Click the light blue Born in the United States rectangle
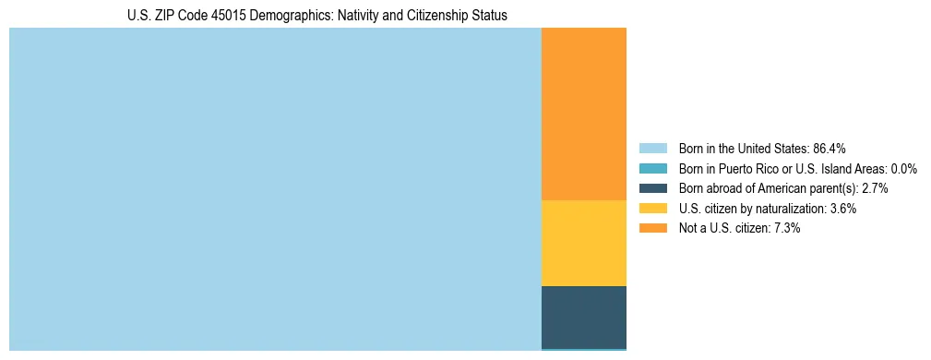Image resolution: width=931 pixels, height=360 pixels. tap(275, 189)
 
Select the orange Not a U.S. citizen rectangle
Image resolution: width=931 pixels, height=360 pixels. tap(583, 114)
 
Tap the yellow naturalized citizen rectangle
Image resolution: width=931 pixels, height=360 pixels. tap(583, 243)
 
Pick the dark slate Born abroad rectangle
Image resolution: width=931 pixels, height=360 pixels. tap(583, 317)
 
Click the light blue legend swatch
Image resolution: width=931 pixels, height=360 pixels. tap(652, 148)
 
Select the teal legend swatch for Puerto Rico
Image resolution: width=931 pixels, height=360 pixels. tap(652, 168)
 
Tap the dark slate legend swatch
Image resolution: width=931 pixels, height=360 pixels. tap(652, 188)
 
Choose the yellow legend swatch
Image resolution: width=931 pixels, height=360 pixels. tap(652, 209)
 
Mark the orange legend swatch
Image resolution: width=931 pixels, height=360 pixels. tap(652, 228)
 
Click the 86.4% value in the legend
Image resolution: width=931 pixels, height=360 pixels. tap(829, 148)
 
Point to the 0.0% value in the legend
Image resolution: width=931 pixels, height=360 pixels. tap(903, 168)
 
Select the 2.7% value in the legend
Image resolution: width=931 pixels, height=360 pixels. tap(875, 188)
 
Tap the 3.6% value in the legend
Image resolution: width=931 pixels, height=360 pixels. tap(842, 209)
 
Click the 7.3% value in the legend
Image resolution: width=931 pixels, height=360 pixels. tap(786, 228)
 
